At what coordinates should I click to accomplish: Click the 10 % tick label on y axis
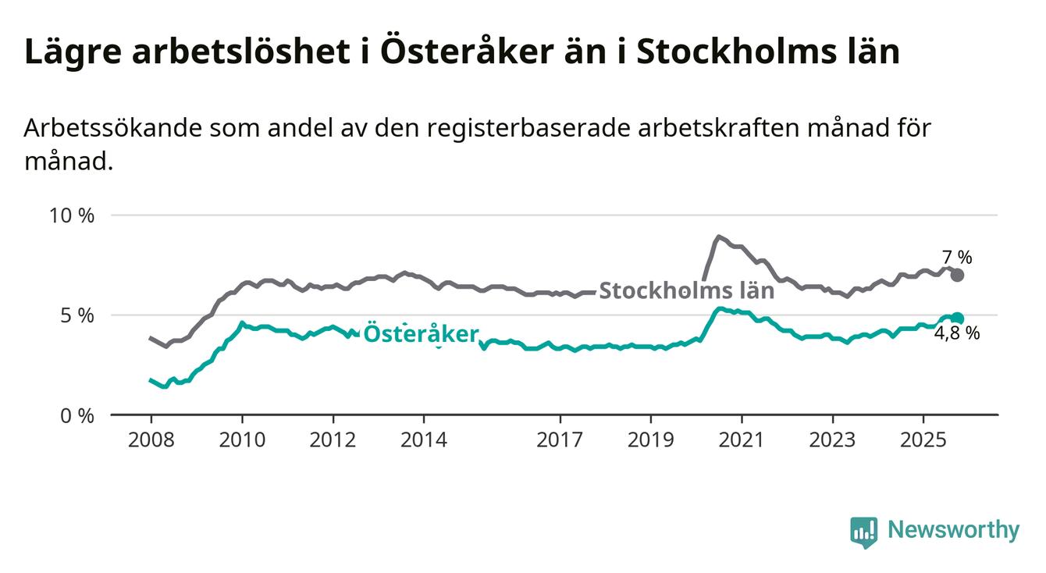pyautogui.click(x=71, y=215)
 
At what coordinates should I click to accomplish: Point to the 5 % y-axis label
pyautogui.click(x=77, y=315)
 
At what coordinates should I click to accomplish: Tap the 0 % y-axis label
pyautogui.click(x=77, y=415)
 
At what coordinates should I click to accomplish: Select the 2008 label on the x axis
pyautogui.click(x=151, y=440)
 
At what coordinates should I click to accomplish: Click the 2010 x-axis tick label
pyautogui.click(x=242, y=440)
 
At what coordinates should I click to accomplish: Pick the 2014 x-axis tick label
pyautogui.click(x=424, y=440)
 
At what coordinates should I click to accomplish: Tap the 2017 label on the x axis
pyautogui.click(x=560, y=440)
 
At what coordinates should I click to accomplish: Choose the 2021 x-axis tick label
pyautogui.click(x=742, y=440)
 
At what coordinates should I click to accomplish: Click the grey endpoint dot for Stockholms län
pyautogui.click(x=958, y=275)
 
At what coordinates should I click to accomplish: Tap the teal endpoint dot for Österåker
pyautogui.click(x=958, y=318)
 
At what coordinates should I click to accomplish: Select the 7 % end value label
pyautogui.click(x=956, y=257)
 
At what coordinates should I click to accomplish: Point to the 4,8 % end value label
pyautogui.click(x=956, y=334)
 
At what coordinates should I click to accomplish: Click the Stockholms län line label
pyautogui.click(x=686, y=291)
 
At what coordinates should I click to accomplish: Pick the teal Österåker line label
pyautogui.click(x=421, y=334)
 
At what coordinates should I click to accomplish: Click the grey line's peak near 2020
pyautogui.click(x=718, y=236)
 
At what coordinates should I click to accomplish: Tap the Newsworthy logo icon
pyautogui.click(x=863, y=532)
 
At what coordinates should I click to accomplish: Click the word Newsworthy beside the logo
pyautogui.click(x=953, y=531)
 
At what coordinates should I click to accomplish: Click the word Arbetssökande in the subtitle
pyautogui.click(x=112, y=128)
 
